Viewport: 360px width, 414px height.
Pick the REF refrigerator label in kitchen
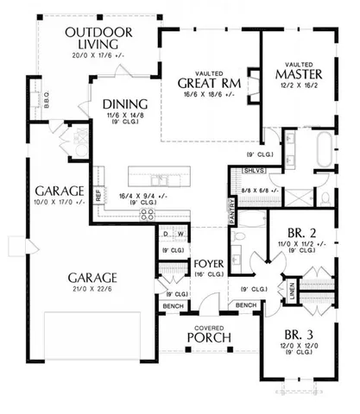pyautogui.click(x=99, y=196)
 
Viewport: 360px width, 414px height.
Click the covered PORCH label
pyautogui.click(x=209, y=336)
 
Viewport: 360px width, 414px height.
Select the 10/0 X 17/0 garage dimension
pyautogui.click(x=57, y=204)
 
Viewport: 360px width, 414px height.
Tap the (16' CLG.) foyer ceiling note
pyautogui.click(x=209, y=274)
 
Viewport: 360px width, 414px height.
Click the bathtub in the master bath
pyautogui.click(x=324, y=150)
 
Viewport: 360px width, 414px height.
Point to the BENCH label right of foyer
pyautogui.click(x=246, y=305)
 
